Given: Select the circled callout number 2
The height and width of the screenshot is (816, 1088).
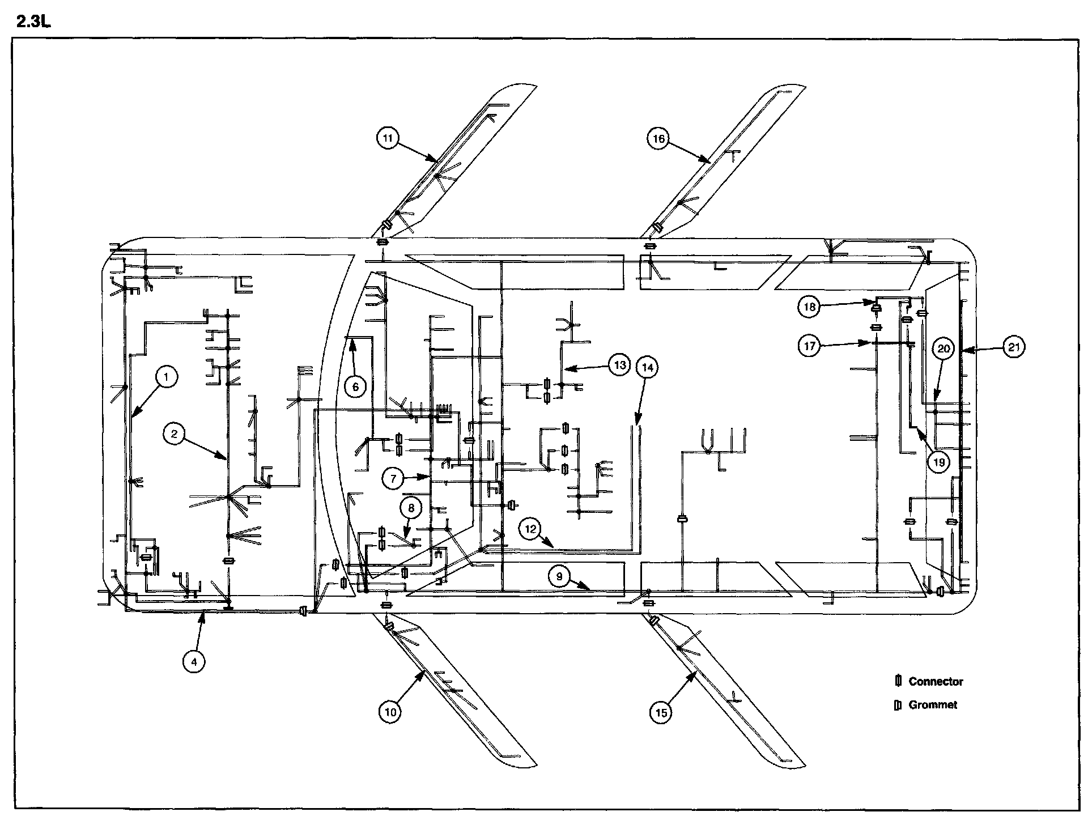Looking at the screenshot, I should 175,435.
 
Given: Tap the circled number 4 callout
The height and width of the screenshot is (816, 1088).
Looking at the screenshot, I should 194,661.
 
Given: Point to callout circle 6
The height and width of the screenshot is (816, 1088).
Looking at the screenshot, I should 356,386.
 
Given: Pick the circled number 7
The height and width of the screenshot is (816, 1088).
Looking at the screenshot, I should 393,478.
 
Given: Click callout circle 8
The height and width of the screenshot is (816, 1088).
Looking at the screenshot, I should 411,508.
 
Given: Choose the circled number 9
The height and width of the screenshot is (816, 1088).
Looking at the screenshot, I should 559,577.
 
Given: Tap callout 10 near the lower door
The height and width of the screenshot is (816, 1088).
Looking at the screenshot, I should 390,712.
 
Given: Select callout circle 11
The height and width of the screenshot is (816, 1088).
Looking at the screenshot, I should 388,138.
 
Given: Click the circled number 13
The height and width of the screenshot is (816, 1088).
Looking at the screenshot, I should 620,365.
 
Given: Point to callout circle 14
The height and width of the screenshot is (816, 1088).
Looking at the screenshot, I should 648,368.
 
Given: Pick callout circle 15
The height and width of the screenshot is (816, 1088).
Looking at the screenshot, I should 661,712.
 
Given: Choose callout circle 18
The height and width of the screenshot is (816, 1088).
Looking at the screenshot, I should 809,307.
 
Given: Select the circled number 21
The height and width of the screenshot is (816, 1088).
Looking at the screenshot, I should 1014,347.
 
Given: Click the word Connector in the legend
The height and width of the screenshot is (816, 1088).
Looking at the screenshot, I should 936,682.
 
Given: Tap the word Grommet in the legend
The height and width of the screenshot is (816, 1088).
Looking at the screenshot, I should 933,705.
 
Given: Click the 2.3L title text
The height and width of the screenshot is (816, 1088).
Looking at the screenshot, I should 33,23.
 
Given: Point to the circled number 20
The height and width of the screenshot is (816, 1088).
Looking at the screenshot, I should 943,349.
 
